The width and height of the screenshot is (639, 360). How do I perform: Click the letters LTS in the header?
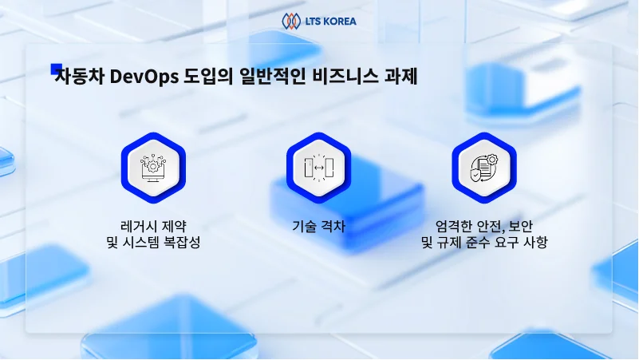(x=314, y=21)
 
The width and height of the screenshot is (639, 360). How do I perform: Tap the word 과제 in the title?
(x=398, y=77)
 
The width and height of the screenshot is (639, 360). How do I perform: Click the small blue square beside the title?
(x=56, y=69)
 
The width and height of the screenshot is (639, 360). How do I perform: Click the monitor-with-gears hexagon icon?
(x=153, y=164)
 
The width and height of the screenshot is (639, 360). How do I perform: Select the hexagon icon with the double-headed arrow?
(x=319, y=164)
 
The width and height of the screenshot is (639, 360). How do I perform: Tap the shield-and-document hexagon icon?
(x=484, y=164)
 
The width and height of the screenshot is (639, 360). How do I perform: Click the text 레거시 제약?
(x=152, y=225)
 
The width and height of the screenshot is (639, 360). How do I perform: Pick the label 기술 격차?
(x=319, y=225)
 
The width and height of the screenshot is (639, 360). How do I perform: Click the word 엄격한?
(x=452, y=225)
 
